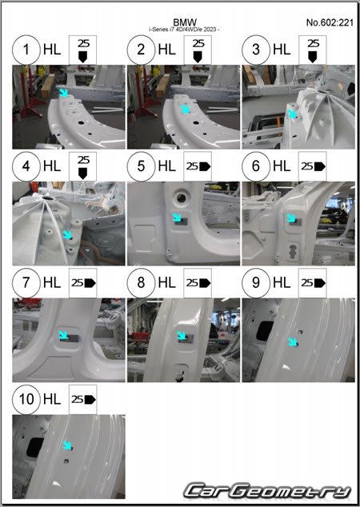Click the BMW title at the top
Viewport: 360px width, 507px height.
pyautogui.click(x=185, y=22)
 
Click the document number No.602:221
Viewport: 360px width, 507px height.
pyautogui.click(x=330, y=22)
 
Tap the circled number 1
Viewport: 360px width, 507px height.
pyautogui.click(x=26, y=50)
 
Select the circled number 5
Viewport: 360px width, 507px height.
pyautogui.click(x=141, y=166)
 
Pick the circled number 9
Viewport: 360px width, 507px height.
pyautogui.click(x=256, y=282)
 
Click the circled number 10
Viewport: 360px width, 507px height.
pyautogui.click(x=26, y=399)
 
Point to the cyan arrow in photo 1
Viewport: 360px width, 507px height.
pyautogui.click(x=64, y=93)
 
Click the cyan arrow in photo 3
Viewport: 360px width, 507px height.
pyautogui.click(x=292, y=114)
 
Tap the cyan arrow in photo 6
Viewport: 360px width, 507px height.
pyautogui.click(x=291, y=218)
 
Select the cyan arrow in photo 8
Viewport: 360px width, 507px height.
pyautogui.click(x=182, y=336)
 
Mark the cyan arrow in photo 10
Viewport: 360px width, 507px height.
pyautogui.click(x=67, y=445)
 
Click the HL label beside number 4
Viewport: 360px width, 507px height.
pyautogui.click(x=52, y=166)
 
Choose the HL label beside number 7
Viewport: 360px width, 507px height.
pyautogui.click(x=52, y=283)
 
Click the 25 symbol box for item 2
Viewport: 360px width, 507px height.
pyautogui.click(x=198, y=50)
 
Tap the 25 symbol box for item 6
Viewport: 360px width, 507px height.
pyautogui.click(x=313, y=166)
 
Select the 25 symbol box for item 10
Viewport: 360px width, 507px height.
pyautogui.click(x=83, y=400)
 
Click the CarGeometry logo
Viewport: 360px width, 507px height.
pyautogui.click(x=268, y=491)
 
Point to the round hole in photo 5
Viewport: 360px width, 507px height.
pyautogui.click(x=181, y=198)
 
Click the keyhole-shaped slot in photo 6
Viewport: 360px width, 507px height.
pyautogui.click(x=293, y=251)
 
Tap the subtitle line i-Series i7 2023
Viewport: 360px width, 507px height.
pyautogui.click(x=184, y=30)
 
